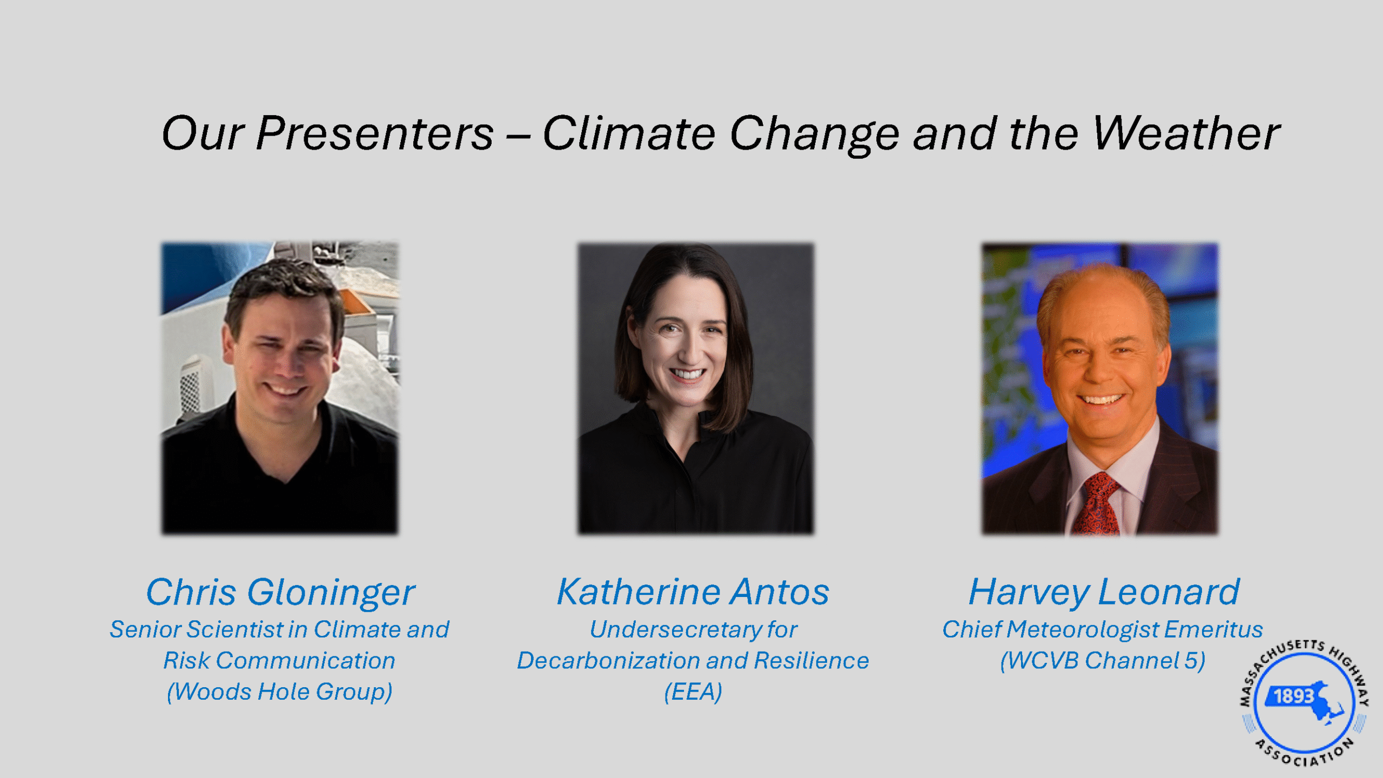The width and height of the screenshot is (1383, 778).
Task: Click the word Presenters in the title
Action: [375, 133]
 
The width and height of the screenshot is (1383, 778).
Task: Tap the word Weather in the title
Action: [1186, 133]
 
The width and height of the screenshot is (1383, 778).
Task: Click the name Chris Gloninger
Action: [280, 593]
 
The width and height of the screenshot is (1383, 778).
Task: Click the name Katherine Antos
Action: [693, 592]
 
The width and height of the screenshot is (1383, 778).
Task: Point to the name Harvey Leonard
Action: [1104, 593]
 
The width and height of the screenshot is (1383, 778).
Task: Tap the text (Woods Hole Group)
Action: [280, 692]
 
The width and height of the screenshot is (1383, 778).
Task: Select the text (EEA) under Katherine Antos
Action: [693, 692]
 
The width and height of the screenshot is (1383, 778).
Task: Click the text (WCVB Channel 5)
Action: [1103, 661]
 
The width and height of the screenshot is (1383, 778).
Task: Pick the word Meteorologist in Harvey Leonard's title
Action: [1083, 630]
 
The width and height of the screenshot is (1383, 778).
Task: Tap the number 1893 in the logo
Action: [1294, 696]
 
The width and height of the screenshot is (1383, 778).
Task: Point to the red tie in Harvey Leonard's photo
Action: [1097, 505]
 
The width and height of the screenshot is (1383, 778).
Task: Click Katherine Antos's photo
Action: [695, 388]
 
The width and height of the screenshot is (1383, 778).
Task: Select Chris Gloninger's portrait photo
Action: [280, 388]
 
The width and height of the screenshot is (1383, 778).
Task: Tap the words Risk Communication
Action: [279, 661]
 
